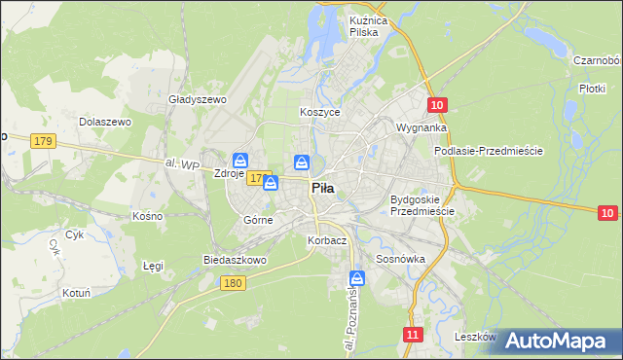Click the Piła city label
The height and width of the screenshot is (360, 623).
pos(324,191)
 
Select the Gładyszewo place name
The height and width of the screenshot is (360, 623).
pos(198,99)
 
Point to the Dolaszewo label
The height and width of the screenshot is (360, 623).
pos(104,122)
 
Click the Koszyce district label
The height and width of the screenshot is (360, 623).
pos(319,113)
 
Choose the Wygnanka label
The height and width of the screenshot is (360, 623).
pos(421,127)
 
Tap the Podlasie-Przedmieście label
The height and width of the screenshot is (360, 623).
pos(488,152)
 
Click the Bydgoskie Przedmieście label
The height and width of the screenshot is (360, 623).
pos(422,205)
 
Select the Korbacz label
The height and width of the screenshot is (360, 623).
pos(326,240)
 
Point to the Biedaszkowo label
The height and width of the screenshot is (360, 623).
pos(234,260)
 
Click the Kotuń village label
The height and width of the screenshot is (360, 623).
pos(75,292)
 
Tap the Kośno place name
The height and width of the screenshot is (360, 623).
pos(147,214)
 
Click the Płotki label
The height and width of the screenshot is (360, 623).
pos(592,88)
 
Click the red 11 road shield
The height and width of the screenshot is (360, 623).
pos(414,335)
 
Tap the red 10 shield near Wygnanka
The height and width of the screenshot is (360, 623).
pos(438,105)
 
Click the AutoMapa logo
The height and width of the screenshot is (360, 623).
pos(561,342)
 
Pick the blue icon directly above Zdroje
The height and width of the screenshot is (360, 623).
pos(239,161)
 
